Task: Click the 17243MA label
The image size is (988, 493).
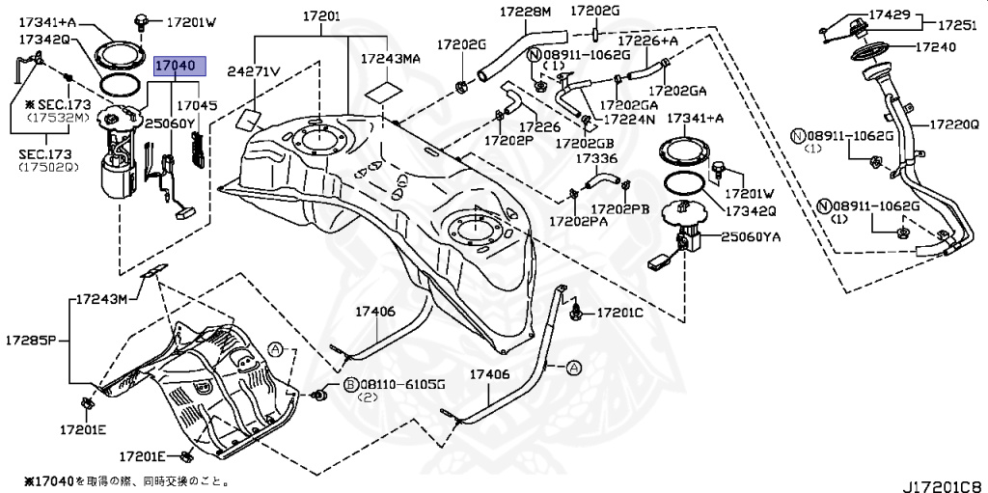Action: [391, 59]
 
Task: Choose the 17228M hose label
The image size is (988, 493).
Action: [525, 13]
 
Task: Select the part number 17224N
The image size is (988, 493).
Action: [628, 120]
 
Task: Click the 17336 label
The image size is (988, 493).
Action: [596, 157]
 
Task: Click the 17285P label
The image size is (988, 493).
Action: [31, 341]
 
